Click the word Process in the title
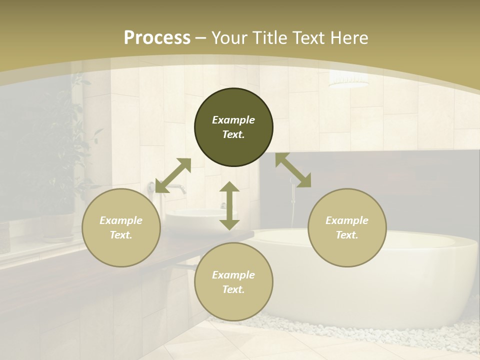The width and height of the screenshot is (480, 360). point(157,37)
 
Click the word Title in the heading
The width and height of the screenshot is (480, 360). point(269,37)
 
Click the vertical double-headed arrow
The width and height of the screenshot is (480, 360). point(229,205)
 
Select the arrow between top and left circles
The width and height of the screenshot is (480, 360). point(173,175)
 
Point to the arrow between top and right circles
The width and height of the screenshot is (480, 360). point(293,170)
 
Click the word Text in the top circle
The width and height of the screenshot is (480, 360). point(233,134)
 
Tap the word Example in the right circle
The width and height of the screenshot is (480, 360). point(347,220)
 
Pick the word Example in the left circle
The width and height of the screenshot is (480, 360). point(121,220)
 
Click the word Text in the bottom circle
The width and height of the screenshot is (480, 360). point(233,289)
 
